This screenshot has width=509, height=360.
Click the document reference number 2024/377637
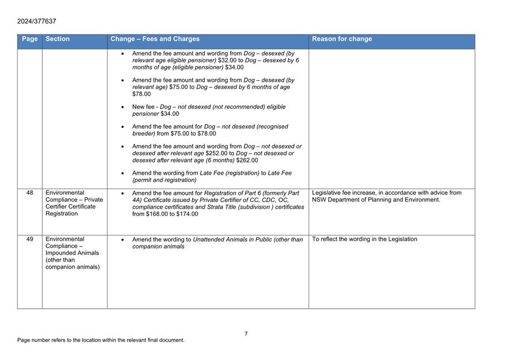(37, 21)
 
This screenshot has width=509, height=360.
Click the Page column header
(30, 39)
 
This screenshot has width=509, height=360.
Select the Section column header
(58, 39)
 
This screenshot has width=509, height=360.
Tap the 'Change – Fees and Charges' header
(155, 39)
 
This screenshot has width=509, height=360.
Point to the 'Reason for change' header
(342, 39)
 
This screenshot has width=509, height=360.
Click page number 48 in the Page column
(30, 193)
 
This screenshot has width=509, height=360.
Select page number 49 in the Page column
(30, 239)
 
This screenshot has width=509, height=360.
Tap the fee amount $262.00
(247, 160)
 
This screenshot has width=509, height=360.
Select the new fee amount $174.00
(187, 214)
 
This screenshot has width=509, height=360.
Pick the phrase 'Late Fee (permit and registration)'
(212, 176)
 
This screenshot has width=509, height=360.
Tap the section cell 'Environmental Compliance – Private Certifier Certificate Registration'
(74, 203)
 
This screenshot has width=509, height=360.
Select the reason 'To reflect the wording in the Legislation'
(365, 239)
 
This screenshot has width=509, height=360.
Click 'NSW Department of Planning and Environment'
(376, 200)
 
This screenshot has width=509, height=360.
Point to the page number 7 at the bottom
(246, 334)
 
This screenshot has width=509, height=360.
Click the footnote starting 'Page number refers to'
(101, 340)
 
